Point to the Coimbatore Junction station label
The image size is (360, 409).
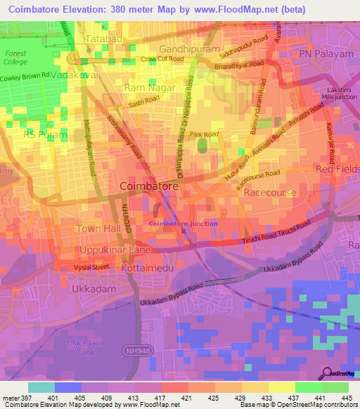pos(183,223)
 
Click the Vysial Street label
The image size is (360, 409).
pos(92,267)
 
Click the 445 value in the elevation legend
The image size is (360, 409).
pos(345,397)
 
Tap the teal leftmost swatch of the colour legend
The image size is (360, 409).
pos(41,387)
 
